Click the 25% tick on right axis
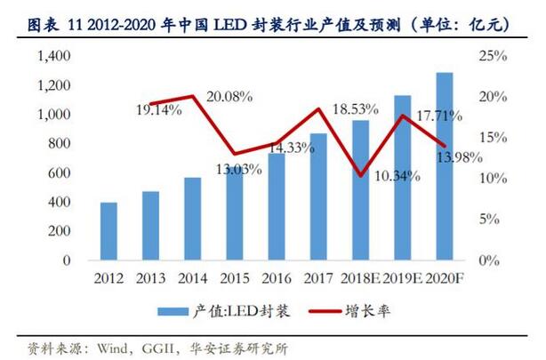(x=491, y=56)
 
